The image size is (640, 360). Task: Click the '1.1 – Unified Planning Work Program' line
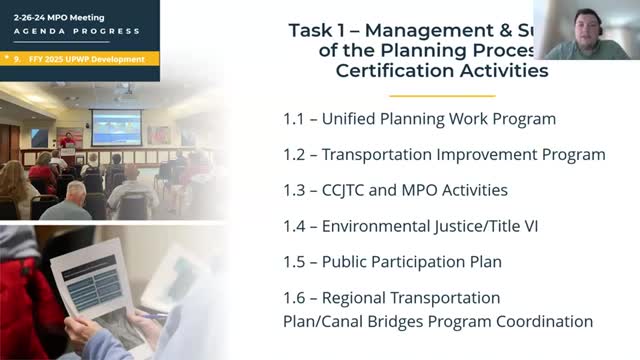[x=419, y=119]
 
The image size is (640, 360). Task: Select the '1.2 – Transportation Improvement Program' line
[x=444, y=155]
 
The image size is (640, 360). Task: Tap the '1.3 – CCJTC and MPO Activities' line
[x=395, y=190]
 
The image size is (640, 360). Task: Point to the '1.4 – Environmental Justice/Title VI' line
[x=411, y=226]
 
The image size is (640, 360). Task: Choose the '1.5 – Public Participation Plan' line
[x=392, y=262]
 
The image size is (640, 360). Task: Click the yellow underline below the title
[x=428, y=95]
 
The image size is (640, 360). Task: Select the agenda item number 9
[x=21, y=59]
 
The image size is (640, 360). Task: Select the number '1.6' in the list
[x=295, y=298]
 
